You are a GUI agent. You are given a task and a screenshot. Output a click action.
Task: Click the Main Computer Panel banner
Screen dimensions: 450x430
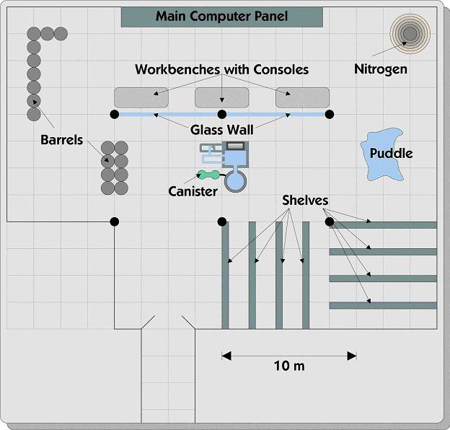point(222,17)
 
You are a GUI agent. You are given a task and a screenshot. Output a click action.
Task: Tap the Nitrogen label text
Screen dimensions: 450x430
point(381,69)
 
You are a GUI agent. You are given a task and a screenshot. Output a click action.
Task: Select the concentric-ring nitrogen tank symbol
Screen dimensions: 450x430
point(410,34)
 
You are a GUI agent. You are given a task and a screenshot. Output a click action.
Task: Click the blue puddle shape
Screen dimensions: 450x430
point(382,154)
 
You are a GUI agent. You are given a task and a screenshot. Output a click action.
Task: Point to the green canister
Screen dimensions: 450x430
point(209,175)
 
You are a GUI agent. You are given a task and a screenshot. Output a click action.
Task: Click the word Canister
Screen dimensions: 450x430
point(193,191)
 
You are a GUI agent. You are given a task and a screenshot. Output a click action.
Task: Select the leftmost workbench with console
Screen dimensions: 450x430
point(141,97)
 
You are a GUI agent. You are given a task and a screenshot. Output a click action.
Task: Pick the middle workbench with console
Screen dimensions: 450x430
point(222,97)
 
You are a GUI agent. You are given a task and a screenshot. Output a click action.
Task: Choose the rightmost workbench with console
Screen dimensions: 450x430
point(302,97)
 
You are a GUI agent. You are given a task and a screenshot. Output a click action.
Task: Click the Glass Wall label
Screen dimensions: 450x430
point(222,130)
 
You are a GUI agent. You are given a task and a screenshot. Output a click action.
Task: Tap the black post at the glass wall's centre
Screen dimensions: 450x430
point(222,115)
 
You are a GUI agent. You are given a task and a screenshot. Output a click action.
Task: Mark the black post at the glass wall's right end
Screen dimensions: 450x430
point(330,115)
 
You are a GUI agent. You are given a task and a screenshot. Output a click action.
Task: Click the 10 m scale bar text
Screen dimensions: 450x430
point(289,366)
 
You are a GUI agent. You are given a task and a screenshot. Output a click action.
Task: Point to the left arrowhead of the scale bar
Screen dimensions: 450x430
point(226,356)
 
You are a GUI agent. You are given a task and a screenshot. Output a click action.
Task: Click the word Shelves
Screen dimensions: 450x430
point(305,201)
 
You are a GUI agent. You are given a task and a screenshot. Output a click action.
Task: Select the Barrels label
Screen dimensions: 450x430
point(62,140)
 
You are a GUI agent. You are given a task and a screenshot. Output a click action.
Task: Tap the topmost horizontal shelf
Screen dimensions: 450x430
point(383,225)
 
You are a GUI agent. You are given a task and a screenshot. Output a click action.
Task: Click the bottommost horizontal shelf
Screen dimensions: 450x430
point(383,305)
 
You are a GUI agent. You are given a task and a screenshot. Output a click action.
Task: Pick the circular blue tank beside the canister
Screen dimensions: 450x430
point(235,181)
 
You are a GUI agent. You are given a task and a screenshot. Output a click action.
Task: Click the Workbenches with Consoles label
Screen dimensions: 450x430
point(222,69)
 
